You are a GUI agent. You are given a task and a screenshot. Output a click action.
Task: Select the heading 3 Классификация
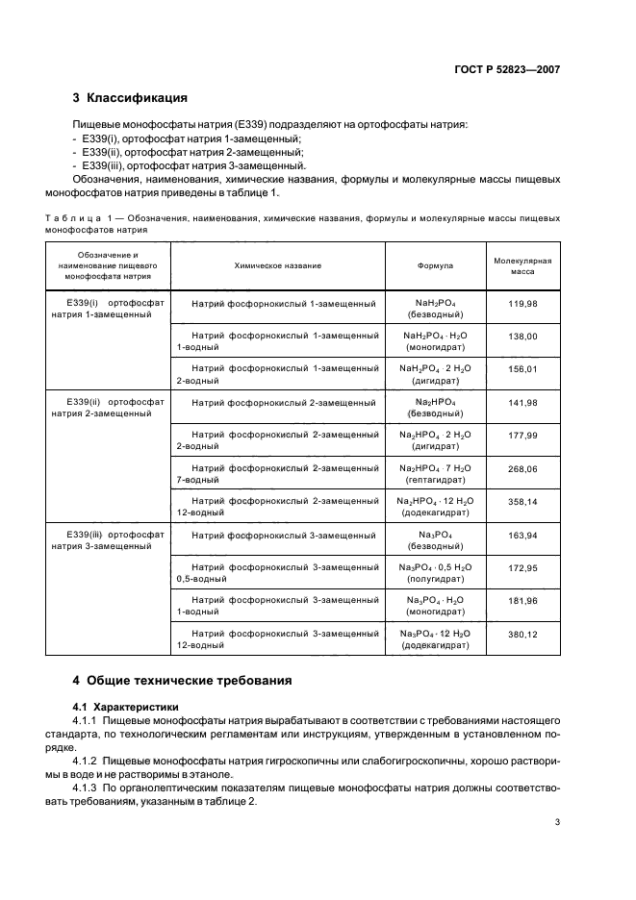(130, 98)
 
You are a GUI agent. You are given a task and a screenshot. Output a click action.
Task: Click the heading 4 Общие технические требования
(182, 681)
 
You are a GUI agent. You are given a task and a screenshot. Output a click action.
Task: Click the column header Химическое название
(277, 264)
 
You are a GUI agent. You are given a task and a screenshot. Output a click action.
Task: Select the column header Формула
(435, 264)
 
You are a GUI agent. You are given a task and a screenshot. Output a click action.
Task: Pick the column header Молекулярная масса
(522, 265)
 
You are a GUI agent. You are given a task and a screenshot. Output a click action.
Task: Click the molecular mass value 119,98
(522, 304)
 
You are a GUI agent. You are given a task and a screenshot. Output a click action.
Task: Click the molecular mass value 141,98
(522, 402)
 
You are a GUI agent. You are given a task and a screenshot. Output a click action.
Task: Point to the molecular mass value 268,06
(522, 468)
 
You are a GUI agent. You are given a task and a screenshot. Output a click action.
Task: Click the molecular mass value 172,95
(522, 568)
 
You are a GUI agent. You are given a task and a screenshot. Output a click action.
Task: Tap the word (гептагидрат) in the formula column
(435, 479)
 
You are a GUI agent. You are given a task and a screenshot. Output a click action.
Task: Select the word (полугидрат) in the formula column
(435, 579)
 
